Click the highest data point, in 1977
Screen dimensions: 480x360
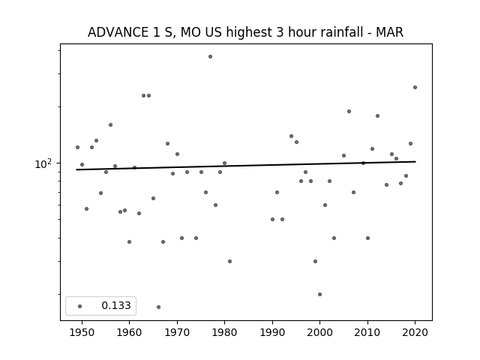[210, 57]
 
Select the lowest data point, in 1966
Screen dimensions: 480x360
[158, 307]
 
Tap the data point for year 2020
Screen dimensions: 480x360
[415, 88]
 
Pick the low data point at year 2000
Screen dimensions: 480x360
[320, 295]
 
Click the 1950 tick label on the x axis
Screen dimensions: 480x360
[82, 333]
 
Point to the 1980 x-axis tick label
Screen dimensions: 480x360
[224, 333]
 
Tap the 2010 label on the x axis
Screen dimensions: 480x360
[367, 333]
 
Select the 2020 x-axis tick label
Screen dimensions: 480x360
[415, 333]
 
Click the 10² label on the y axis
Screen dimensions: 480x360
[43, 164]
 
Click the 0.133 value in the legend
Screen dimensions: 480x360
[116, 305]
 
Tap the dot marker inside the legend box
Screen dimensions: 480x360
[80, 307]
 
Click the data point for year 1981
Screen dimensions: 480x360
[230, 262]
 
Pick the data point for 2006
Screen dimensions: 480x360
[349, 112]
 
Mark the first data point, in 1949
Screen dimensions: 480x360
[77, 148]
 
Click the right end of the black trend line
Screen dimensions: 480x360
[415, 162]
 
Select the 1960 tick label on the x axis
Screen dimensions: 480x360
[129, 333]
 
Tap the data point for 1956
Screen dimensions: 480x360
[110, 125]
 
